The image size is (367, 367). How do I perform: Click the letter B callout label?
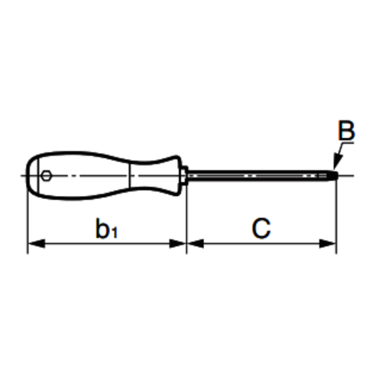click(346, 132)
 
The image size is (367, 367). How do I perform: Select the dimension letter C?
click(261, 229)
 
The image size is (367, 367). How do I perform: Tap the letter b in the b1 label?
click(102, 229)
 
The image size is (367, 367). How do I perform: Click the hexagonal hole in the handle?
click(46, 176)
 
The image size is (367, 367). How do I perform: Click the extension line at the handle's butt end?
click(28, 219)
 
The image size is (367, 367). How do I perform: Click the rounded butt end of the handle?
click(29, 175)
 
